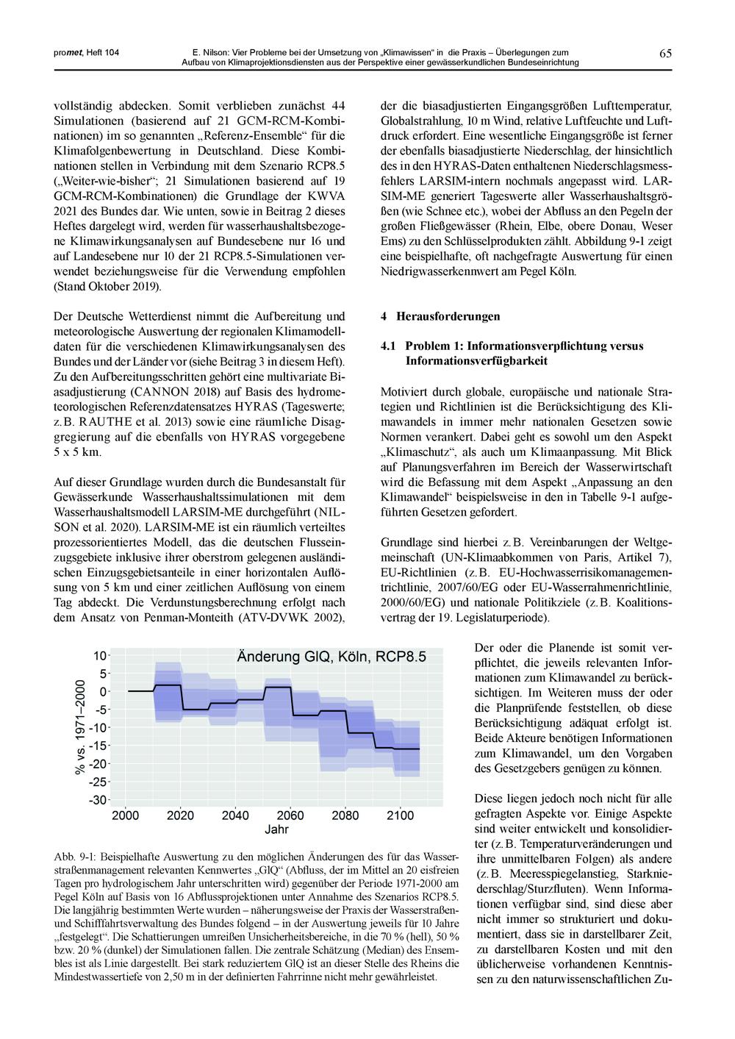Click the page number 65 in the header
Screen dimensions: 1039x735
[x=665, y=53]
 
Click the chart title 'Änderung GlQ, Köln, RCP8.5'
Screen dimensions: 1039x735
[x=331, y=657]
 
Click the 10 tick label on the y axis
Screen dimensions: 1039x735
[x=101, y=655]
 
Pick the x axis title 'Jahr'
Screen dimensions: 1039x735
[x=276, y=829]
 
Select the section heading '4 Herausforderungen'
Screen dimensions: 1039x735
[x=440, y=317]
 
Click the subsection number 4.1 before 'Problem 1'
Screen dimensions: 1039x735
[x=389, y=346]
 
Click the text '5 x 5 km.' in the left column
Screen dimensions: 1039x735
[x=78, y=452]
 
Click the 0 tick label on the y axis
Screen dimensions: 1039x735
[x=104, y=691]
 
